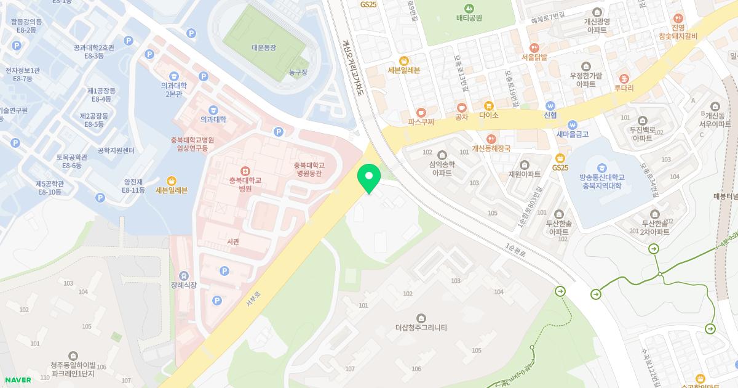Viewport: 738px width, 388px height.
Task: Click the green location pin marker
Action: coord(369,177)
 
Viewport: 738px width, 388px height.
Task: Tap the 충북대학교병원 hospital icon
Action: coord(245,171)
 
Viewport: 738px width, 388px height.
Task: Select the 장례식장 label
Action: coord(184,285)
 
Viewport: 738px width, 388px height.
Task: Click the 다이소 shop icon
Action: coord(489,106)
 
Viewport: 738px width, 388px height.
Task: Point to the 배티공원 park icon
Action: coord(469,8)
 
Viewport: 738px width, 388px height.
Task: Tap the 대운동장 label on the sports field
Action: coord(264,47)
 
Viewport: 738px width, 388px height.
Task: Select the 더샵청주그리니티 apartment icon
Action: coord(421,318)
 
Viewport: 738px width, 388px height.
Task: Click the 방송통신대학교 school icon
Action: coord(601,167)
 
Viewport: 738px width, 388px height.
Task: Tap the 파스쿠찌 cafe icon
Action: coord(421,113)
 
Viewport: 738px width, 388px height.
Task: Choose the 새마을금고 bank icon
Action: coord(573,124)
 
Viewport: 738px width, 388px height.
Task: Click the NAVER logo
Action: coord(18,380)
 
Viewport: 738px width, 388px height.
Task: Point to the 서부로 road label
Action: coord(253,296)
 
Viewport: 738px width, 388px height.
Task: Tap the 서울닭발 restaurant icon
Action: coord(534,47)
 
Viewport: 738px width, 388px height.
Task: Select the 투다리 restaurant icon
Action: coord(624,78)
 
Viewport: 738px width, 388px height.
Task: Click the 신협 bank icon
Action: coord(550,105)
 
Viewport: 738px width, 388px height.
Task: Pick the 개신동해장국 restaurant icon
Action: coord(491,139)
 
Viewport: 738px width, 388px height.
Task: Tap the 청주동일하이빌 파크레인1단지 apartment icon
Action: coord(73,355)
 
